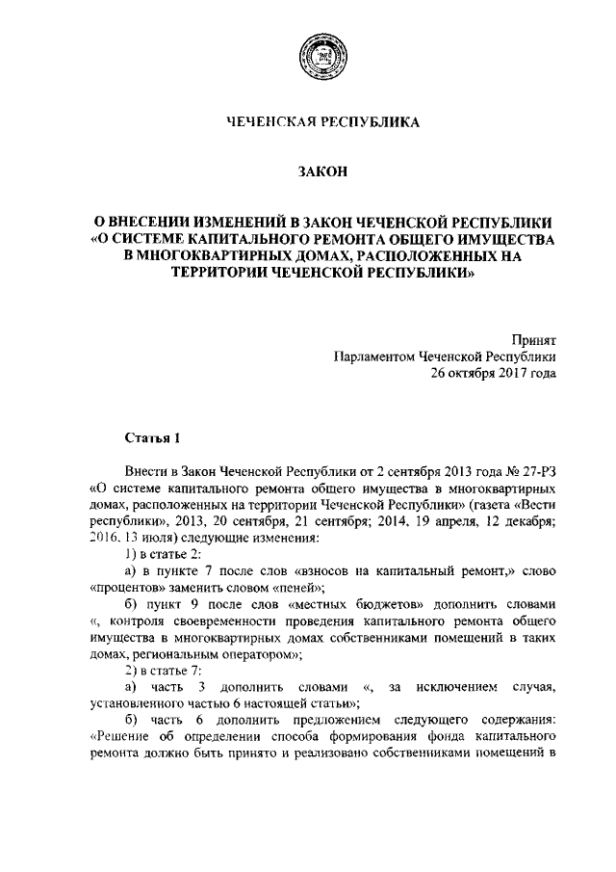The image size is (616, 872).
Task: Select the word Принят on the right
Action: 533,338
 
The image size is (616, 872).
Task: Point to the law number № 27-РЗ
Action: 529,474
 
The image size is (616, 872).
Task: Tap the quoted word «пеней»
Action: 299,588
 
